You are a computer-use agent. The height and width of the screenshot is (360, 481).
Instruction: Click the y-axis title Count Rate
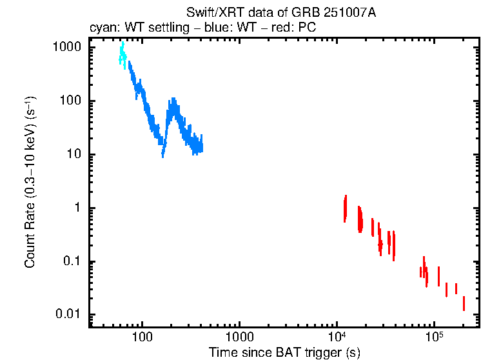pos(30,182)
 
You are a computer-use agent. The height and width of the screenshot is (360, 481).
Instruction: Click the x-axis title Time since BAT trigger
pos(284,352)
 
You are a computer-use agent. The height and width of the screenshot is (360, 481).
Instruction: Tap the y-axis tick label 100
pos(71,101)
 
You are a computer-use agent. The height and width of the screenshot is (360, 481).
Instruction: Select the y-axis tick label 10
pos(74,155)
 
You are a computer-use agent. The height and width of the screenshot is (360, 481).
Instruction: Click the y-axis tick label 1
pos(77,208)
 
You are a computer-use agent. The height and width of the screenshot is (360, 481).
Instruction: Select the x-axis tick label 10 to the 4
pos(337,336)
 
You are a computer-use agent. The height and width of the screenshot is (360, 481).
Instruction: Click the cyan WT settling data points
pos(123,55)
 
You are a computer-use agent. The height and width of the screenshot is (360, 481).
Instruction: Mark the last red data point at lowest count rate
pos(464,304)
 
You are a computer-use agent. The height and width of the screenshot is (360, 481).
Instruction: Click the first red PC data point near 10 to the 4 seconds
pos(346,208)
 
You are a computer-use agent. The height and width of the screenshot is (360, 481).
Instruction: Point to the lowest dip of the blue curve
pos(163,154)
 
